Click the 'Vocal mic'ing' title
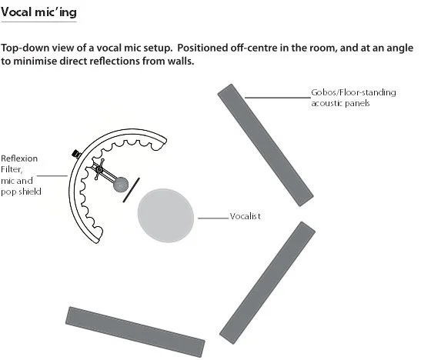coord(39,12)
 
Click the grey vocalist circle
coord(165,215)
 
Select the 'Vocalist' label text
coord(246,216)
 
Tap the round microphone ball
coord(121,185)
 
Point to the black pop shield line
coord(132,190)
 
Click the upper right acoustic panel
coord(266,145)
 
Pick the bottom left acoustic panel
coord(135,332)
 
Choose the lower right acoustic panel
coord(267,283)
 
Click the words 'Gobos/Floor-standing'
coord(353,92)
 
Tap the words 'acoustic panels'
coord(340,103)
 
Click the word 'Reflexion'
coord(19,158)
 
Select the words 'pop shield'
coord(21,192)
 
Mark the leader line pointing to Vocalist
coord(213,218)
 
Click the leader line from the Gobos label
coord(278,98)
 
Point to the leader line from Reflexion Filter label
coord(52,176)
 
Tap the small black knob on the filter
coord(76,154)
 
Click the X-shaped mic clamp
coord(99,169)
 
